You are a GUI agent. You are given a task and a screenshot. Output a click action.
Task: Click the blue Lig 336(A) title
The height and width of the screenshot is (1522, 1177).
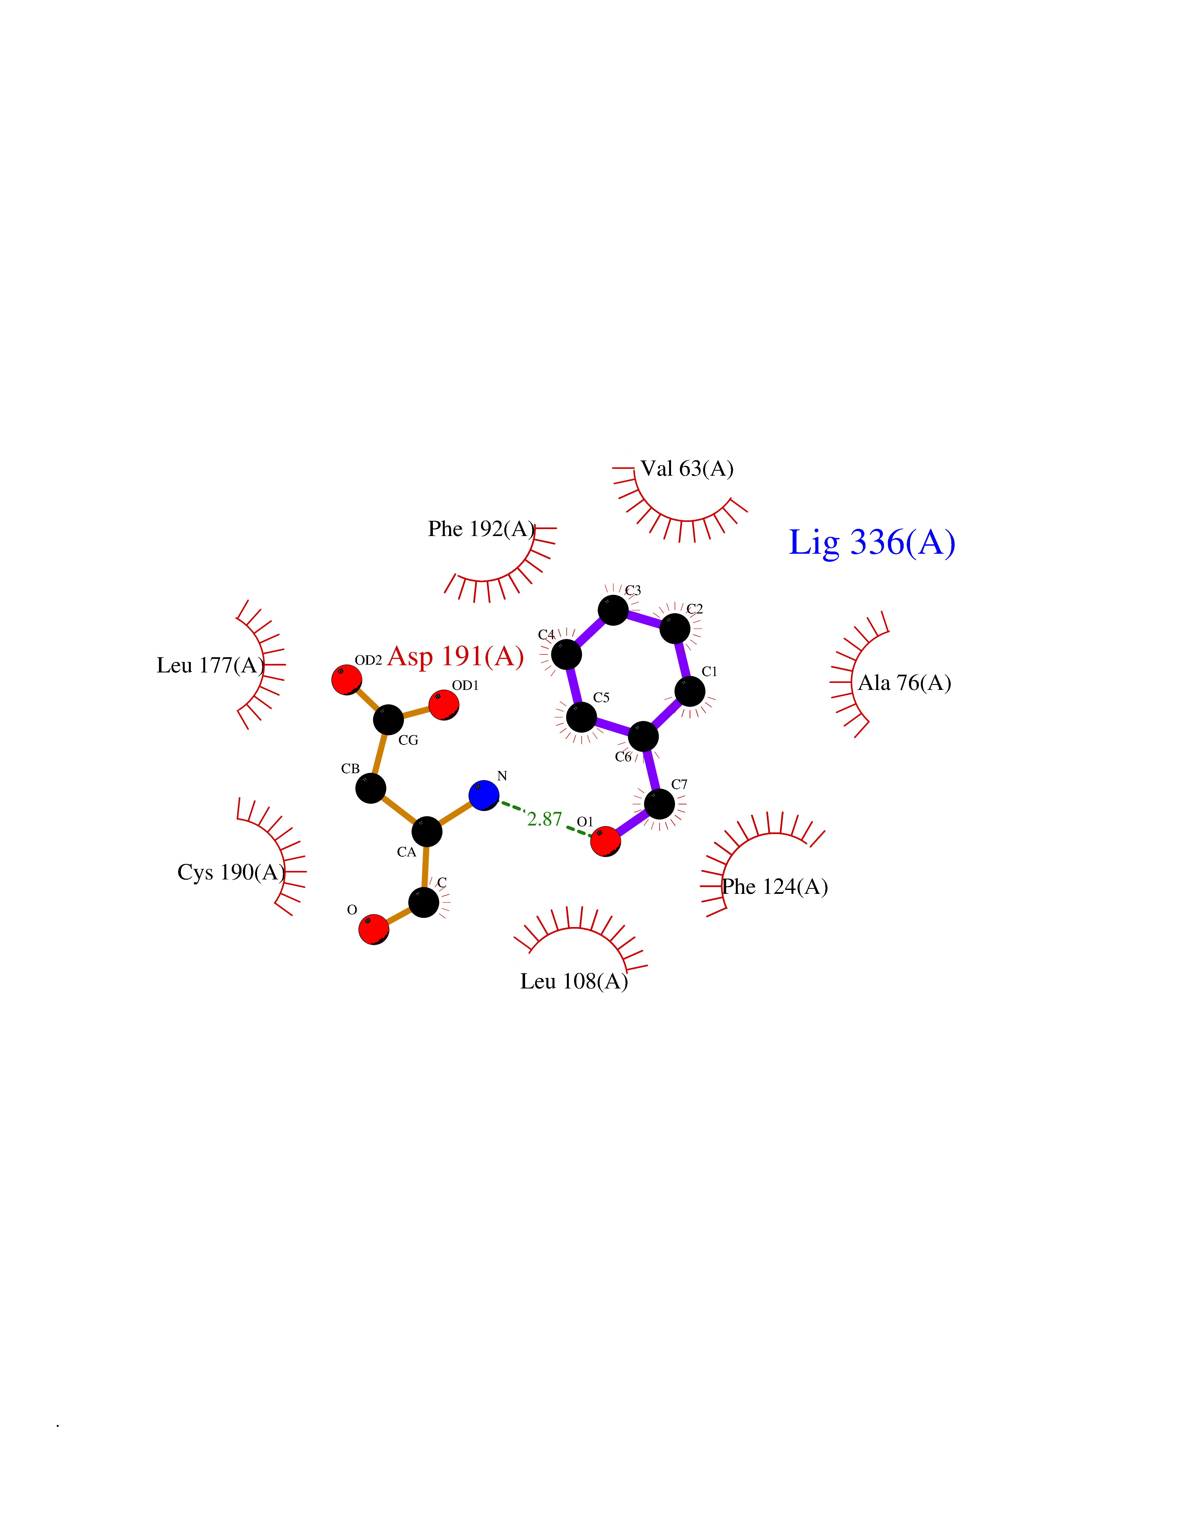pyautogui.click(x=872, y=543)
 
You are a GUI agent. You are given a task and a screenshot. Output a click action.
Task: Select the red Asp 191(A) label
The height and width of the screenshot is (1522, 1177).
pyautogui.click(x=455, y=656)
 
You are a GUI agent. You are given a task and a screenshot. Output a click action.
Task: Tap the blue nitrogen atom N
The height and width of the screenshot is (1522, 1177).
pyautogui.click(x=484, y=795)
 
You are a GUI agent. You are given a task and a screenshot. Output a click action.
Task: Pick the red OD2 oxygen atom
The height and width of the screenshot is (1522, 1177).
pyautogui.click(x=346, y=680)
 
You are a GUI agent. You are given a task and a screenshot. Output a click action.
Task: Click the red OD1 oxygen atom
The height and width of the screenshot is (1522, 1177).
pyautogui.click(x=443, y=705)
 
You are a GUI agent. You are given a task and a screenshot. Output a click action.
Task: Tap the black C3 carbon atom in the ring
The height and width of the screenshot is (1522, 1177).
pyautogui.click(x=613, y=610)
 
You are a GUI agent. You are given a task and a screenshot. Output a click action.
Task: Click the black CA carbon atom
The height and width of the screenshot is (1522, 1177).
pyautogui.click(x=427, y=831)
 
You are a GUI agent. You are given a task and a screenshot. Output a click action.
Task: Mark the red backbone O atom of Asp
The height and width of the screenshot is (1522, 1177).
pyautogui.click(x=374, y=930)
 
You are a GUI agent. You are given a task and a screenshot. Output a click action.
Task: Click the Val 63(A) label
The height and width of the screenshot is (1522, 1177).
pyautogui.click(x=687, y=469)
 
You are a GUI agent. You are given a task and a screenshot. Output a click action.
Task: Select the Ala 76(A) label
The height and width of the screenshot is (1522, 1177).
pyautogui.click(x=904, y=683)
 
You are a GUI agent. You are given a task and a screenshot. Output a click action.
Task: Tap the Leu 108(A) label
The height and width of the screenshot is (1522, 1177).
pyautogui.click(x=574, y=981)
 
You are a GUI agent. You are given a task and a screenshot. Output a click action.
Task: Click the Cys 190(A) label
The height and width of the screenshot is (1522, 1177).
pyautogui.click(x=232, y=873)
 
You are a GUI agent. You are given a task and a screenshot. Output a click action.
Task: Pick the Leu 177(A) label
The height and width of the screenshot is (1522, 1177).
pyautogui.click(x=210, y=666)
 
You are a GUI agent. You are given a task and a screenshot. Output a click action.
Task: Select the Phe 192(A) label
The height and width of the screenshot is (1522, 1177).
pyautogui.click(x=481, y=529)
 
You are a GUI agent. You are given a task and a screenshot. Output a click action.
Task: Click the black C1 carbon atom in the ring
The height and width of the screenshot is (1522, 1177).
pyautogui.click(x=690, y=691)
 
